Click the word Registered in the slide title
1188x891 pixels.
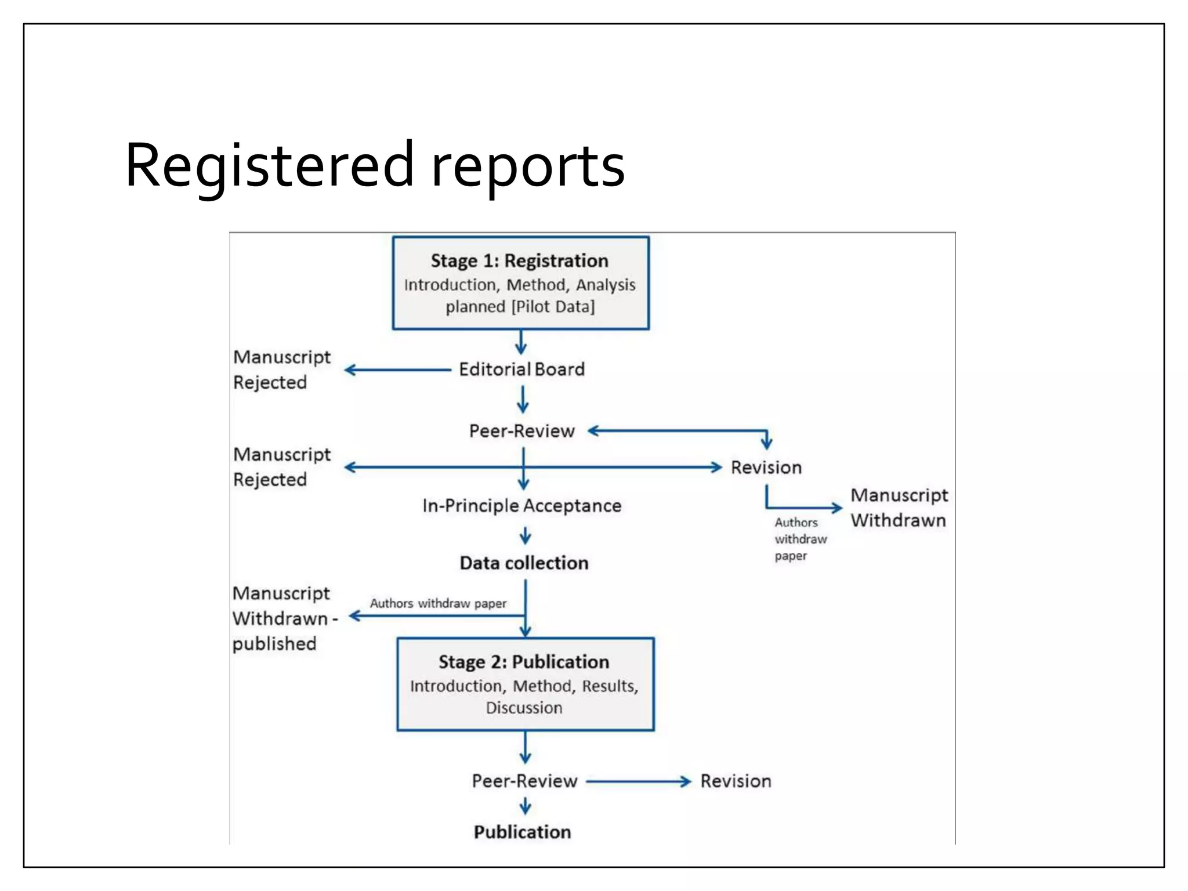(269, 166)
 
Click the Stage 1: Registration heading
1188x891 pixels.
(519, 261)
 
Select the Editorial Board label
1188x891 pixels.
(521, 370)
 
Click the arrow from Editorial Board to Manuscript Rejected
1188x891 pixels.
(397, 370)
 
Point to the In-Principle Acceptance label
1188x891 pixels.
(521, 506)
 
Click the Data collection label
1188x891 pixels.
(524, 563)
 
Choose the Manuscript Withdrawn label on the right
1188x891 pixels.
(899, 508)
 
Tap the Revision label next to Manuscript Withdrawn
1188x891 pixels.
(766, 468)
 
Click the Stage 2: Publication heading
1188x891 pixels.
(524, 662)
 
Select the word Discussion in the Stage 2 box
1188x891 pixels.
(524, 708)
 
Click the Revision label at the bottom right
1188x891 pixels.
(736, 781)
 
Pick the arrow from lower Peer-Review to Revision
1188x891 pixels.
(638, 782)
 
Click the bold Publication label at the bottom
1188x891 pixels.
(522, 832)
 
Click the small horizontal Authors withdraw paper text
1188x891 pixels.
(438, 603)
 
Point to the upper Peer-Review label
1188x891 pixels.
(521, 431)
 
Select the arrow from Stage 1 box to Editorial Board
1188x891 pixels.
(521, 342)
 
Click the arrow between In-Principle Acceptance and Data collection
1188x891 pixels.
(525, 535)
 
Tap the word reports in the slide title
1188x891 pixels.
(528, 166)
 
